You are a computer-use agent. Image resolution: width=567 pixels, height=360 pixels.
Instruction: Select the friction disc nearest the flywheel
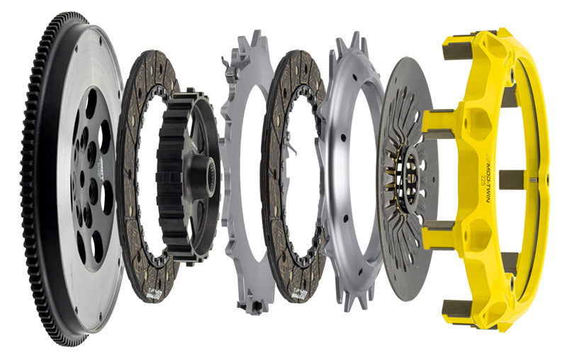(x=135, y=234)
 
